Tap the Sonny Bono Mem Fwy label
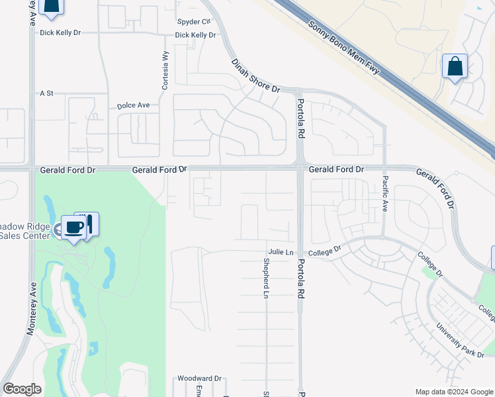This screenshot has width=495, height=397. coord(343,47)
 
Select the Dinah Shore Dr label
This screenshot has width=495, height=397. coord(256,75)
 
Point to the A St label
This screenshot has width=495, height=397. coord(46,94)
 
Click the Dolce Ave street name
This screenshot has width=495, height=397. coord(134,105)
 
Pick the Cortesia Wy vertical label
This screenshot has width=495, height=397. coord(165,71)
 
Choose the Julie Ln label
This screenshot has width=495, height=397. coord(281,252)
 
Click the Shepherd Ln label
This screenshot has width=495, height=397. coord(266,277)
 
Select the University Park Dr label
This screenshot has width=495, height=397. coord(460,341)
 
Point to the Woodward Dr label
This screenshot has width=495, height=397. coord(199,379)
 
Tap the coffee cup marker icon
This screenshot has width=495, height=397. coord(73,227)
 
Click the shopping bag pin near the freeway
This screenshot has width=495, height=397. coord(455,66)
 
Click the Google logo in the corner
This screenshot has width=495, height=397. coord(22,389)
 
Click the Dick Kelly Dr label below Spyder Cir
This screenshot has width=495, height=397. coord(195,35)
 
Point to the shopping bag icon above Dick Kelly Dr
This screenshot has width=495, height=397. coord(51,5)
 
